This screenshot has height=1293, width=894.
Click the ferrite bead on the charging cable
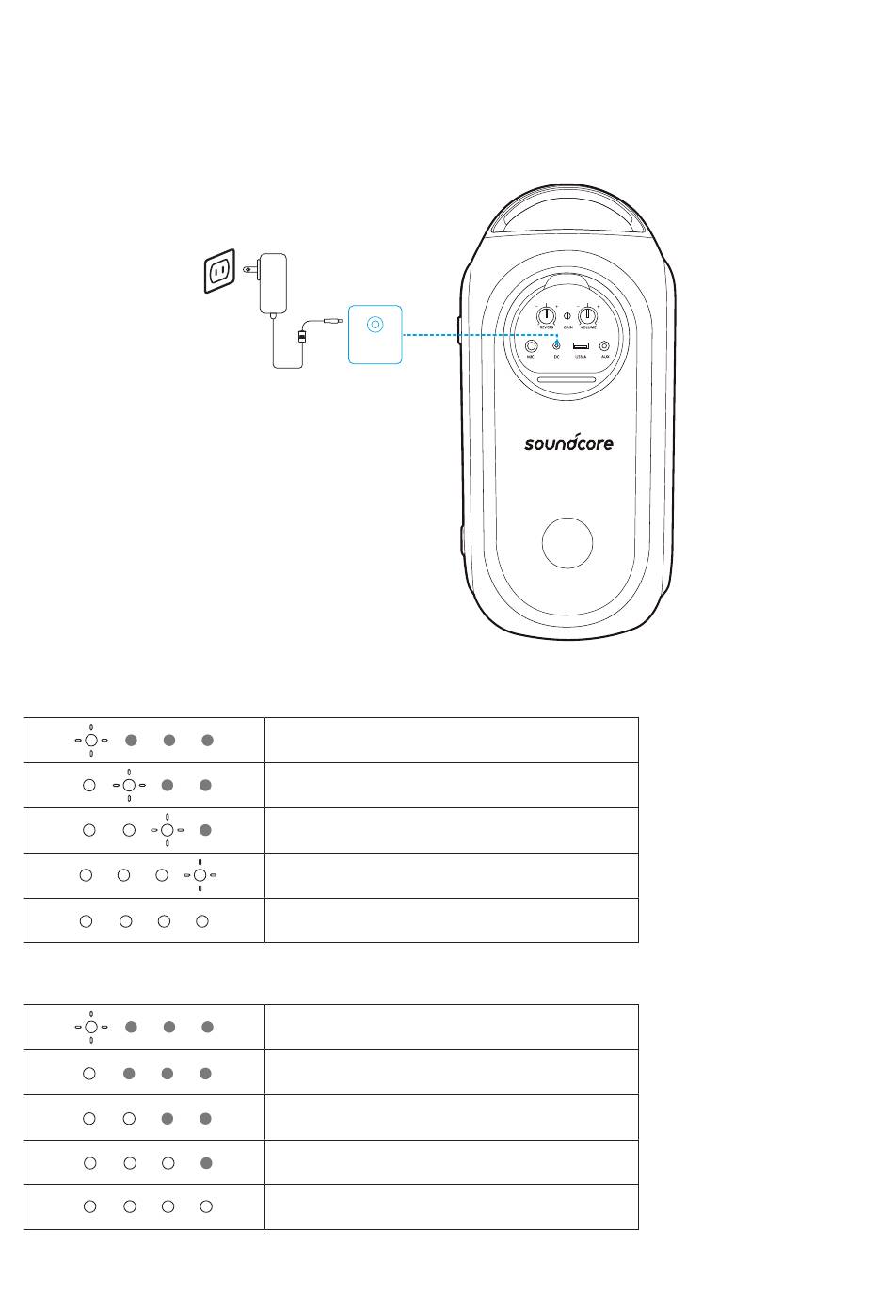coord(301,336)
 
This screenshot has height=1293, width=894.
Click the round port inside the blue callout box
coord(375,325)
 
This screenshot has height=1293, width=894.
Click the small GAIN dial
coord(568,315)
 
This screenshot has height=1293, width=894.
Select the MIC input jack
coord(532,346)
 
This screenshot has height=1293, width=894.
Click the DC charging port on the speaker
coord(557,346)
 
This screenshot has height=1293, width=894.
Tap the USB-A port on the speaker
coord(581,346)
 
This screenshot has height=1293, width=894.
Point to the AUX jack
coord(604,346)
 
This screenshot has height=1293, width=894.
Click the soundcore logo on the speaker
coord(568,441)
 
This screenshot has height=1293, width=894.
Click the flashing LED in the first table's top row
coord(91,741)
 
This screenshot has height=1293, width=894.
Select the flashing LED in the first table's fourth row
coord(200,875)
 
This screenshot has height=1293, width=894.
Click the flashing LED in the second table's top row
coord(91,1028)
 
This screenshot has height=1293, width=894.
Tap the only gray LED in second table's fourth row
coord(206,1163)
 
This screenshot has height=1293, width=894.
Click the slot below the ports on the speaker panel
coord(567,382)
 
